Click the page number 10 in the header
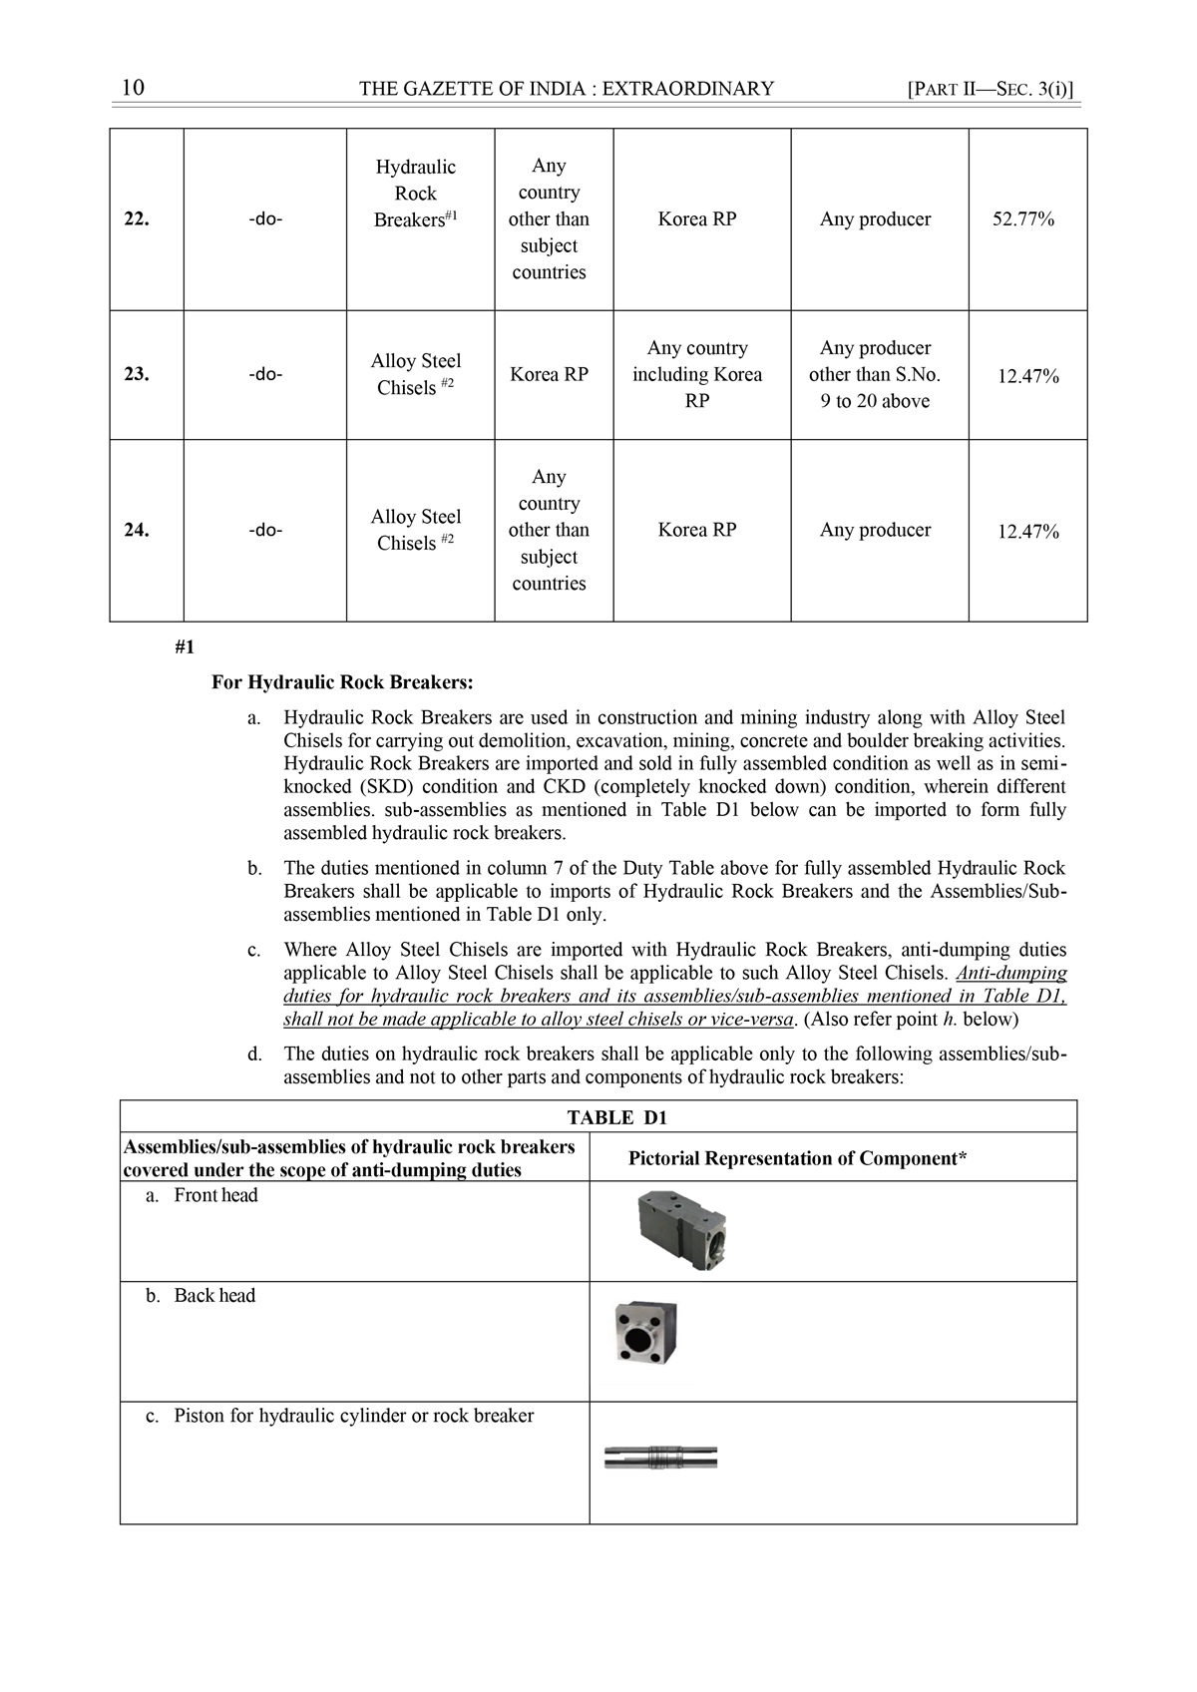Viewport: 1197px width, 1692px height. (133, 88)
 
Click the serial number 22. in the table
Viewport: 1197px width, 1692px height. (137, 219)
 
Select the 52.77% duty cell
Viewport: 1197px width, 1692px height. (1022, 219)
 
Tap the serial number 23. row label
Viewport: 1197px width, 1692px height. (137, 375)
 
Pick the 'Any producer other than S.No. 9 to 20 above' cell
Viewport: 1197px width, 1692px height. (875, 375)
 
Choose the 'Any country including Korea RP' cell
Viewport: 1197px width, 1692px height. (697, 375)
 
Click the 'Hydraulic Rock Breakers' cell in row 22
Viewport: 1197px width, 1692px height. (416, 194)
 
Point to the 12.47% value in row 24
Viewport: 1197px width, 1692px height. (1028, 532)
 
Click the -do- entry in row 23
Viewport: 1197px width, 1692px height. (265, 375)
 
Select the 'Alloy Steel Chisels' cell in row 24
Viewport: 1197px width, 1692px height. (416, 530)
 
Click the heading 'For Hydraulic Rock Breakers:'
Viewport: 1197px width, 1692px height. (342, 683)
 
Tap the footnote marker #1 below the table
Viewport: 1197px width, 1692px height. (185, 647)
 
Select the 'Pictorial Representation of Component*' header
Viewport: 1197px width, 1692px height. (797, 1158)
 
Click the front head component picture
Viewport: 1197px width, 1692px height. (681, 1232)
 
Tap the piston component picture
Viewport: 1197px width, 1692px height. (661, 1458)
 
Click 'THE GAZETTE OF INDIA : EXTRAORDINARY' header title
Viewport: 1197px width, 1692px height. (566, 89)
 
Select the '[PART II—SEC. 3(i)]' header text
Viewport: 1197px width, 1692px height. (991, 89)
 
